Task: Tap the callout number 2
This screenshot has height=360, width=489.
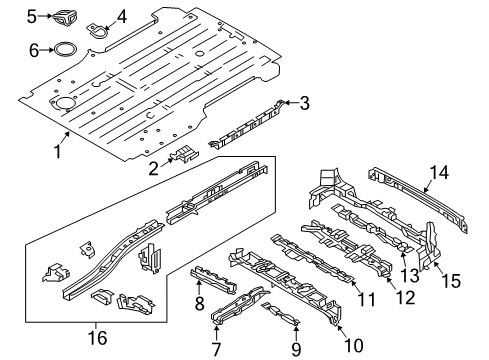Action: [152, 168]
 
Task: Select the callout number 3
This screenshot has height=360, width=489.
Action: [305, 101]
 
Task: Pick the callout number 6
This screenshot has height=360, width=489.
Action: [33, 49]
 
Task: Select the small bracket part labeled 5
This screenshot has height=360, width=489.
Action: [66, 16]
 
